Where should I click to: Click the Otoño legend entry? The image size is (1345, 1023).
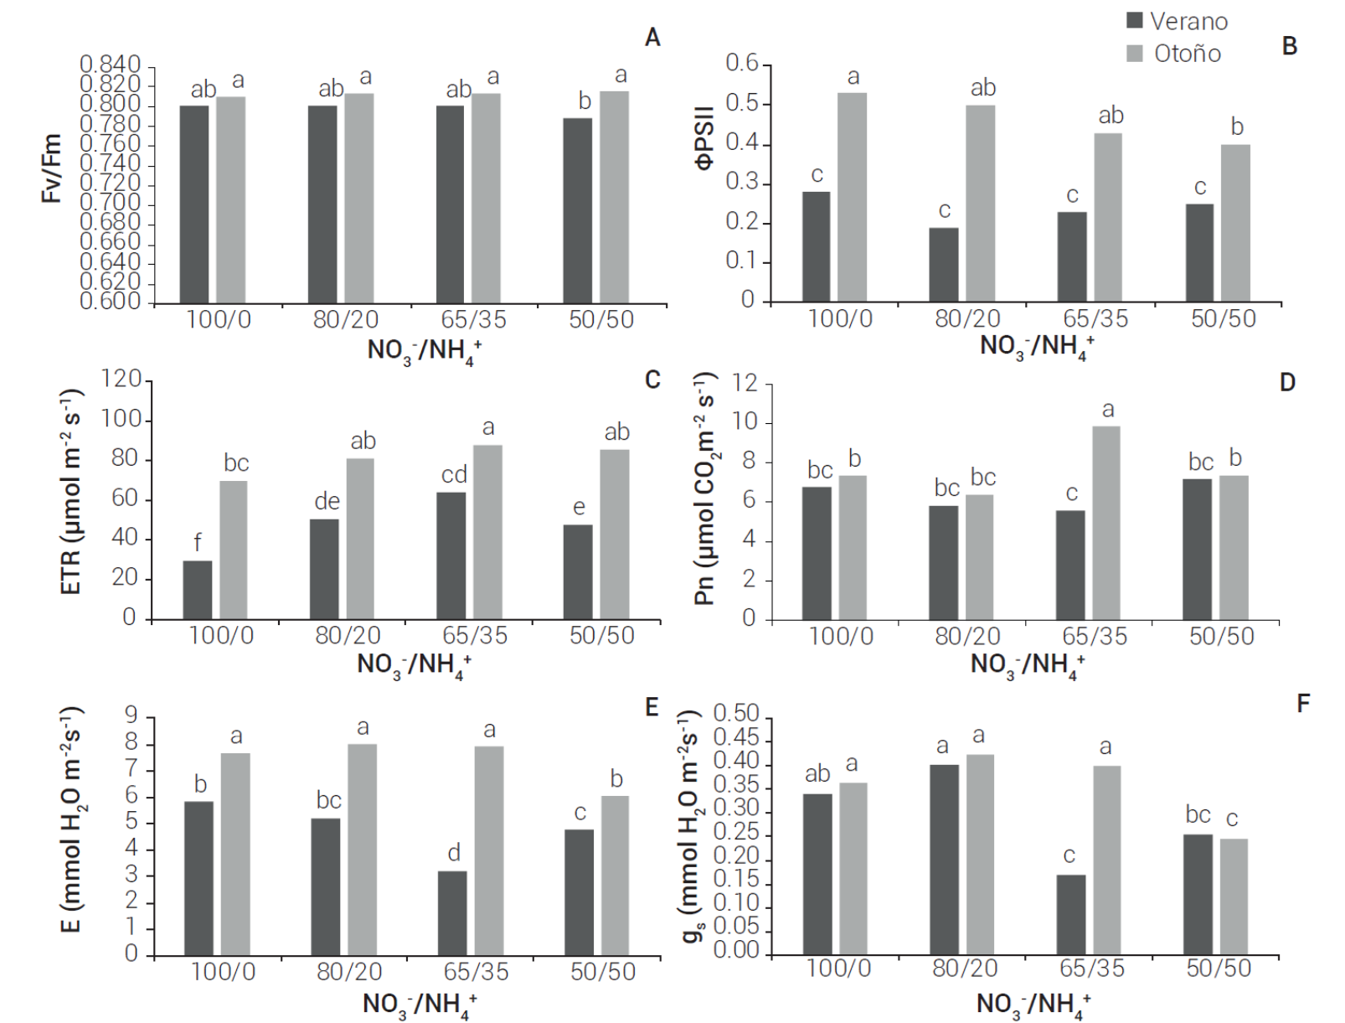(1173, 54)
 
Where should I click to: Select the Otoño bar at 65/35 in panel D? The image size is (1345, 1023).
(1106, 523)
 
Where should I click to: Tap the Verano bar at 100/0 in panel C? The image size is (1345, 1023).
(198, 590)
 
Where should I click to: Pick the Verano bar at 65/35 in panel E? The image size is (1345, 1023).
(452, 912)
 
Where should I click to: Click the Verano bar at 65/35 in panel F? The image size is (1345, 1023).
(1071, 914)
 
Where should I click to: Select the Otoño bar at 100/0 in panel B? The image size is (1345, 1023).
(853, 197)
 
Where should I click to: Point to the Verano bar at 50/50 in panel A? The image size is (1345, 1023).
(578, 210)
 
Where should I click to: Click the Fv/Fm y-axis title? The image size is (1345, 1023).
(52, 168)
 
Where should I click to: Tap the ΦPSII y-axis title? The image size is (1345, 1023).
(704, 138)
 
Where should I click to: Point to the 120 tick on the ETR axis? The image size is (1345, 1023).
(121, 380)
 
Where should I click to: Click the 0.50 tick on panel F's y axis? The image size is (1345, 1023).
(736, 714)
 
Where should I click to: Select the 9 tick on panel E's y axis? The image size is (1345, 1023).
(131, 715)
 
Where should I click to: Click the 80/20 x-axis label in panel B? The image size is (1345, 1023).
(967, 319)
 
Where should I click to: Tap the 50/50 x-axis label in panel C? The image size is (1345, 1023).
(601, 636)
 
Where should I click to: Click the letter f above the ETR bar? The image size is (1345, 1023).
(198, 542)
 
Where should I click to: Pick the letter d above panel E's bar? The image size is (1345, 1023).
(454, 853)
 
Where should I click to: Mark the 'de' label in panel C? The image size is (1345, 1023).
(327, 501)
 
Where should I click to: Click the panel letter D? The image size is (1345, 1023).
(1287, 383)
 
